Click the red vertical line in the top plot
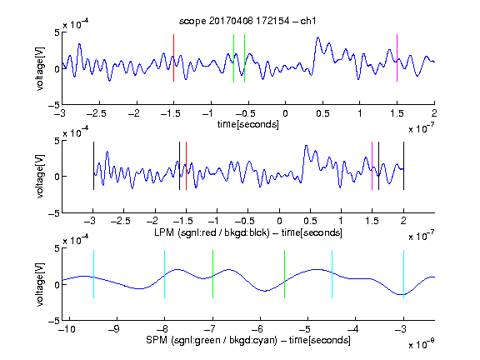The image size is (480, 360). pyautogui.click(x=174, y=57)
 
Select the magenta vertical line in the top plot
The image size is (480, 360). pyautogui.click(x=397, y=57)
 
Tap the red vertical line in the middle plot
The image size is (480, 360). pyautogui.click(x=186, y=166)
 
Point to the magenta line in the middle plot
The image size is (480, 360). pyautogui.click(x=372, y=166)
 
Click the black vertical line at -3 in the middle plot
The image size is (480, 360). pyautogui.click(x=93, y=166)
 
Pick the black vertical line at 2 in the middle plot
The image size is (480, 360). pyautogui.click(x=403, y=166)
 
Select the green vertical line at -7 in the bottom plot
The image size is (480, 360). pyautogui.click(x=212, y=274)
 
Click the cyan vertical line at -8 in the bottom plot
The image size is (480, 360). pyautogui.click(x=165, y=274)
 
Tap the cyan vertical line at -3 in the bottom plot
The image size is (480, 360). pyautogui.click(x=403, y=274)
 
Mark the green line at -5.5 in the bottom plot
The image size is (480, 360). pyautogui.click(x=285, y=274)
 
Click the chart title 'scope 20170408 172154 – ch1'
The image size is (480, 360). pyautogui.click(x=247, y=21)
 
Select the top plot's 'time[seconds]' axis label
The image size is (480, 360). pyautogui.click(x=248, y=125)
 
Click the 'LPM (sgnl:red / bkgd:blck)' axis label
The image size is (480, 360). pyautogui.click(x=212, y=232)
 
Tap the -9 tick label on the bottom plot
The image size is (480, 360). pyautogui.click(x=114, y=329)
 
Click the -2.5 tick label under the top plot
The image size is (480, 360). pyautogui.click(x=96, y=113)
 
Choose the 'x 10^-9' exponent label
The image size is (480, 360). pyautogui.click(x=421, y=344)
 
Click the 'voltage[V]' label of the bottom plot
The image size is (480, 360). pyautogui.click(x=40, y=284)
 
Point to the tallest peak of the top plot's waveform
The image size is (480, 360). pyautogui.click(x=318, y=37)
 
